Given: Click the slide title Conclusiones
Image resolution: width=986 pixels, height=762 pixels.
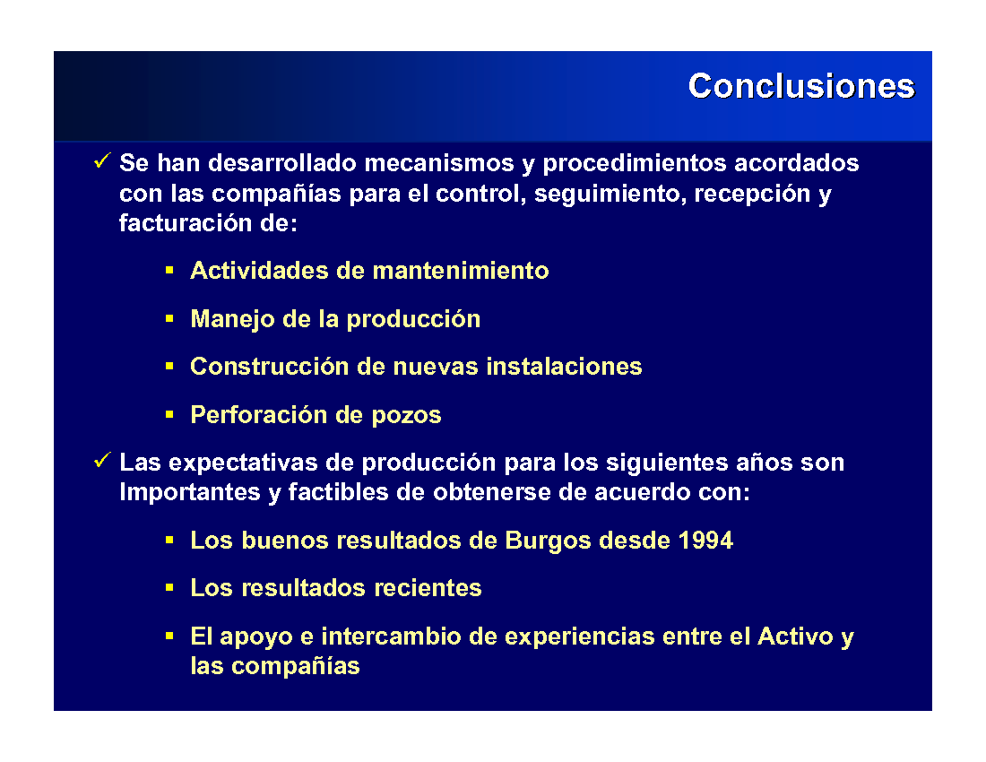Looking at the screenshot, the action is tap(801, 86).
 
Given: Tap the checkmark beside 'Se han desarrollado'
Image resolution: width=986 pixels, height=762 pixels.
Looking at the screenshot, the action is tap(102, 161).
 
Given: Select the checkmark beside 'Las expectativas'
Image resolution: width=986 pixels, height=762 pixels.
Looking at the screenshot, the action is tap(102, 460).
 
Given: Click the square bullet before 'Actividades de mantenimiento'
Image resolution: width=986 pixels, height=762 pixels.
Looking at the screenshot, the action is tap(169, 271).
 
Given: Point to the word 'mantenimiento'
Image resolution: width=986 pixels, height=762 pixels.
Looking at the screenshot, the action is tap(461, 271).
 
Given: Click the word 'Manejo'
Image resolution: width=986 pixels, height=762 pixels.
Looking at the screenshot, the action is tap(233, 319).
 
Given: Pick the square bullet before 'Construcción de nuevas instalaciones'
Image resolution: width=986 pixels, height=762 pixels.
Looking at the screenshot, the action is tap(169, 366).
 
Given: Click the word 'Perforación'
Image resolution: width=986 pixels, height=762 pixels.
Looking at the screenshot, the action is tap(259, 415).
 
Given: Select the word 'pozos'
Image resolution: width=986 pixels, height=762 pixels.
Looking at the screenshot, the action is tap(406, 416).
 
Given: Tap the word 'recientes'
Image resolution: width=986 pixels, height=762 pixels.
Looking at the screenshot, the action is tap(428, 588).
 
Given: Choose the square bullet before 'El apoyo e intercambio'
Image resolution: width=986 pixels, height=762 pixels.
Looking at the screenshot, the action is tap(169, 636).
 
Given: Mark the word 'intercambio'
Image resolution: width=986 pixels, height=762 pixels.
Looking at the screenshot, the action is tap(391, 636).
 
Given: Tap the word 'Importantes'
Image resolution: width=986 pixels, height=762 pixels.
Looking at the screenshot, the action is tap(190, 492).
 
